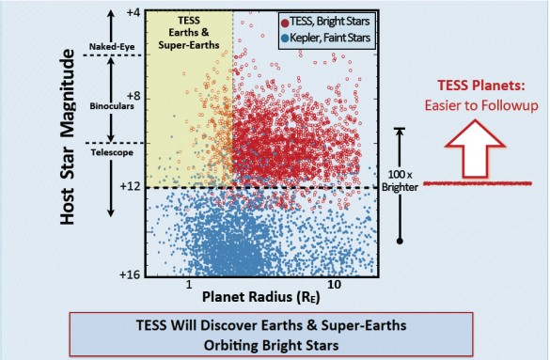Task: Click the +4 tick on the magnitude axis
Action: click(133, 15)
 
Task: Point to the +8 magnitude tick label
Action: click(133, 98)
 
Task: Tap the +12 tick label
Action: click(130, 187)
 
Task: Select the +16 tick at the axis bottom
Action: click(129, 273)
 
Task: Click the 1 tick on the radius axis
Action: click(189, 284)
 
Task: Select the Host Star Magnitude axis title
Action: click(67, 142)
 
